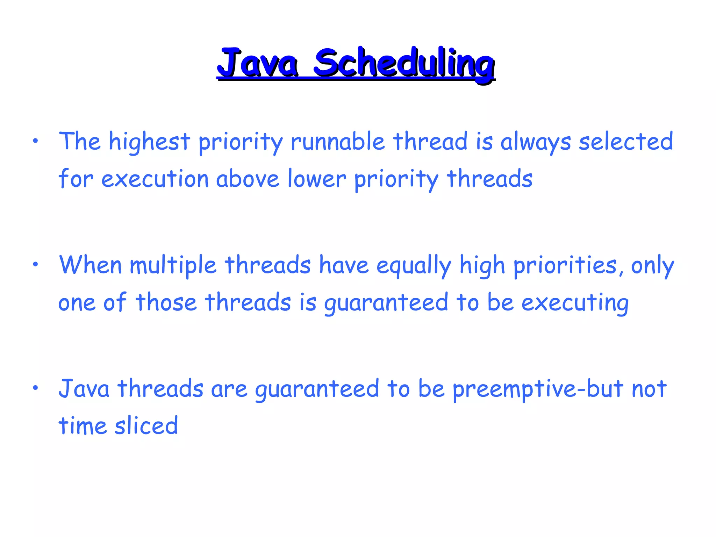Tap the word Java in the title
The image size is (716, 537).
click(258, 63)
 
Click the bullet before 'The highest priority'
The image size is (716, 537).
click(35, 142)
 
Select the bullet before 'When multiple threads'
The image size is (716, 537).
click(35, 265)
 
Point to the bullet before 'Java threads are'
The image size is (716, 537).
click(35, 388)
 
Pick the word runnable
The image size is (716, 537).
click(338, 142)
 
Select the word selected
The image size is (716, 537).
click(626, 142)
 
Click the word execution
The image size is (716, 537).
click(155, 179)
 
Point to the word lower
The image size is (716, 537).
click(317, 179)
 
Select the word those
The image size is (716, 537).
click(166, 302)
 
